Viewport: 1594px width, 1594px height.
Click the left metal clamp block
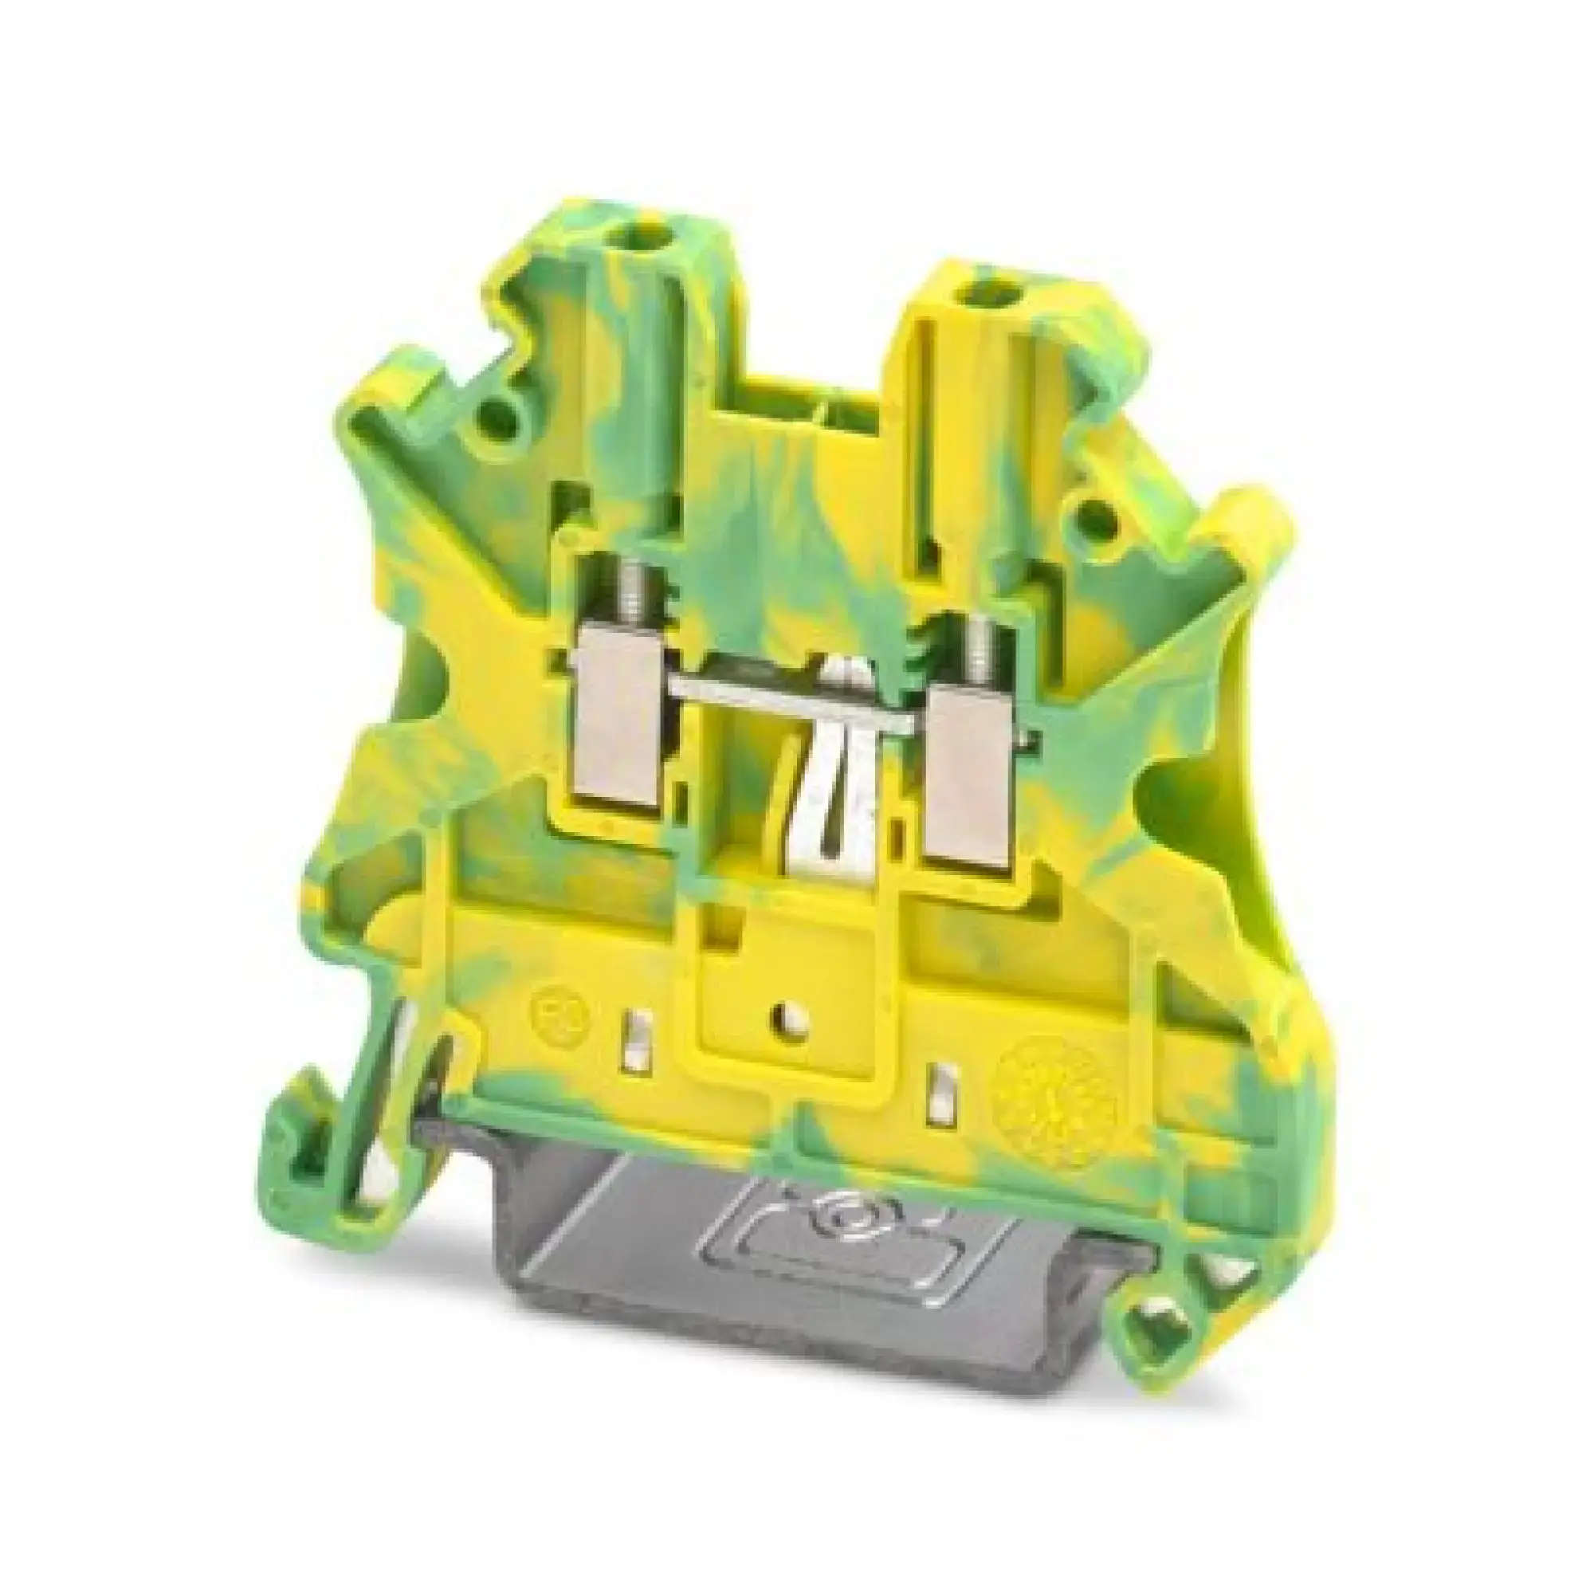pyautogui.click(x=620, y=725)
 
